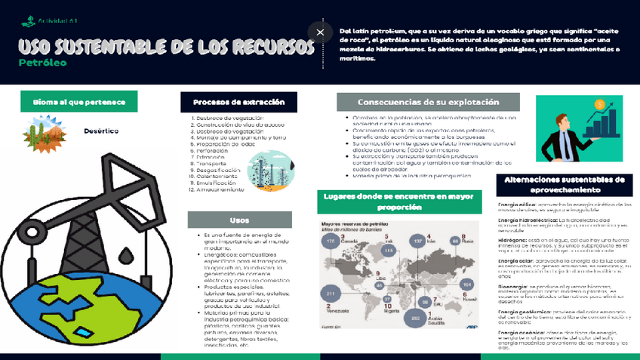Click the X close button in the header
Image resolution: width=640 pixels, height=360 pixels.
click(320, 32)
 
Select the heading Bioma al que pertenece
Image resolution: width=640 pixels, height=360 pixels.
click(78, 101)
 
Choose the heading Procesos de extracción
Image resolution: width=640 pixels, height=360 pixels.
click(238, 102)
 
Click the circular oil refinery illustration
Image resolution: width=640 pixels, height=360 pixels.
click(266, 167)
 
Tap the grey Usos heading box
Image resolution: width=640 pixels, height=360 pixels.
click(238, 220)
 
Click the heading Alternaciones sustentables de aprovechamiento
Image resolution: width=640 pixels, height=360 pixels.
click(564, 186)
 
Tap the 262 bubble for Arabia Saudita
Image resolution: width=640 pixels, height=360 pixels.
click(412, 318)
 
